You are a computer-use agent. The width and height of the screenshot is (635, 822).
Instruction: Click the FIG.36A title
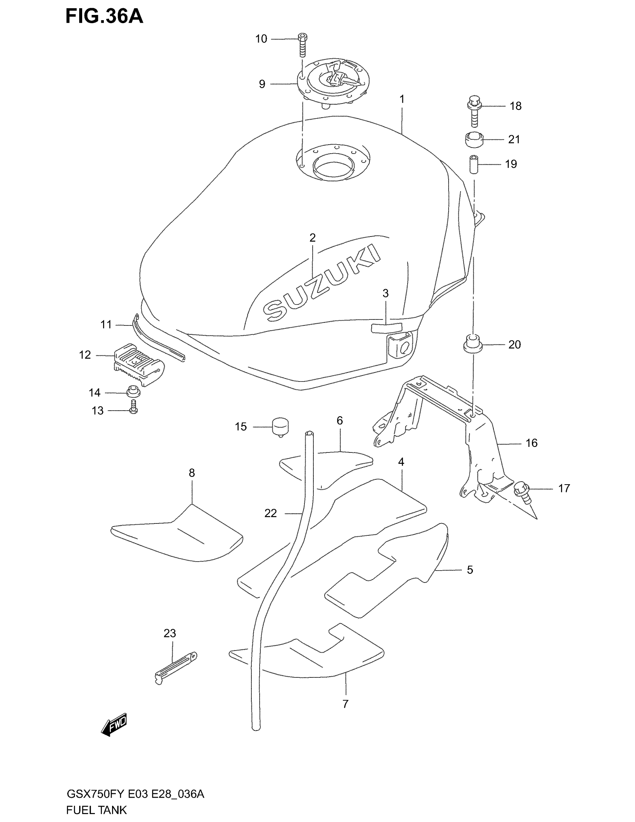pos(104,16)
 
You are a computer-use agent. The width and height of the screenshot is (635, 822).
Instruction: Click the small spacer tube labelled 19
pos(474,164)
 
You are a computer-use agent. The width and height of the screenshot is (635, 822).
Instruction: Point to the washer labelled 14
pos(133,392)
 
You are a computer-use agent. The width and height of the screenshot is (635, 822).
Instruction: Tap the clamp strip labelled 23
pos(175,668)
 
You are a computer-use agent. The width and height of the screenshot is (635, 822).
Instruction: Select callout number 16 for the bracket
pos(531,443)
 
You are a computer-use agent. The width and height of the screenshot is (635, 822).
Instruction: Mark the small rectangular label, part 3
pos(386,327)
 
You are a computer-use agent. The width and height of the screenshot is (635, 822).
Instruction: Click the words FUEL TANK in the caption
pos(96,810)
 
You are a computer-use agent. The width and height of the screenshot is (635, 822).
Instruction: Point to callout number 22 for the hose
pos(270,513)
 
